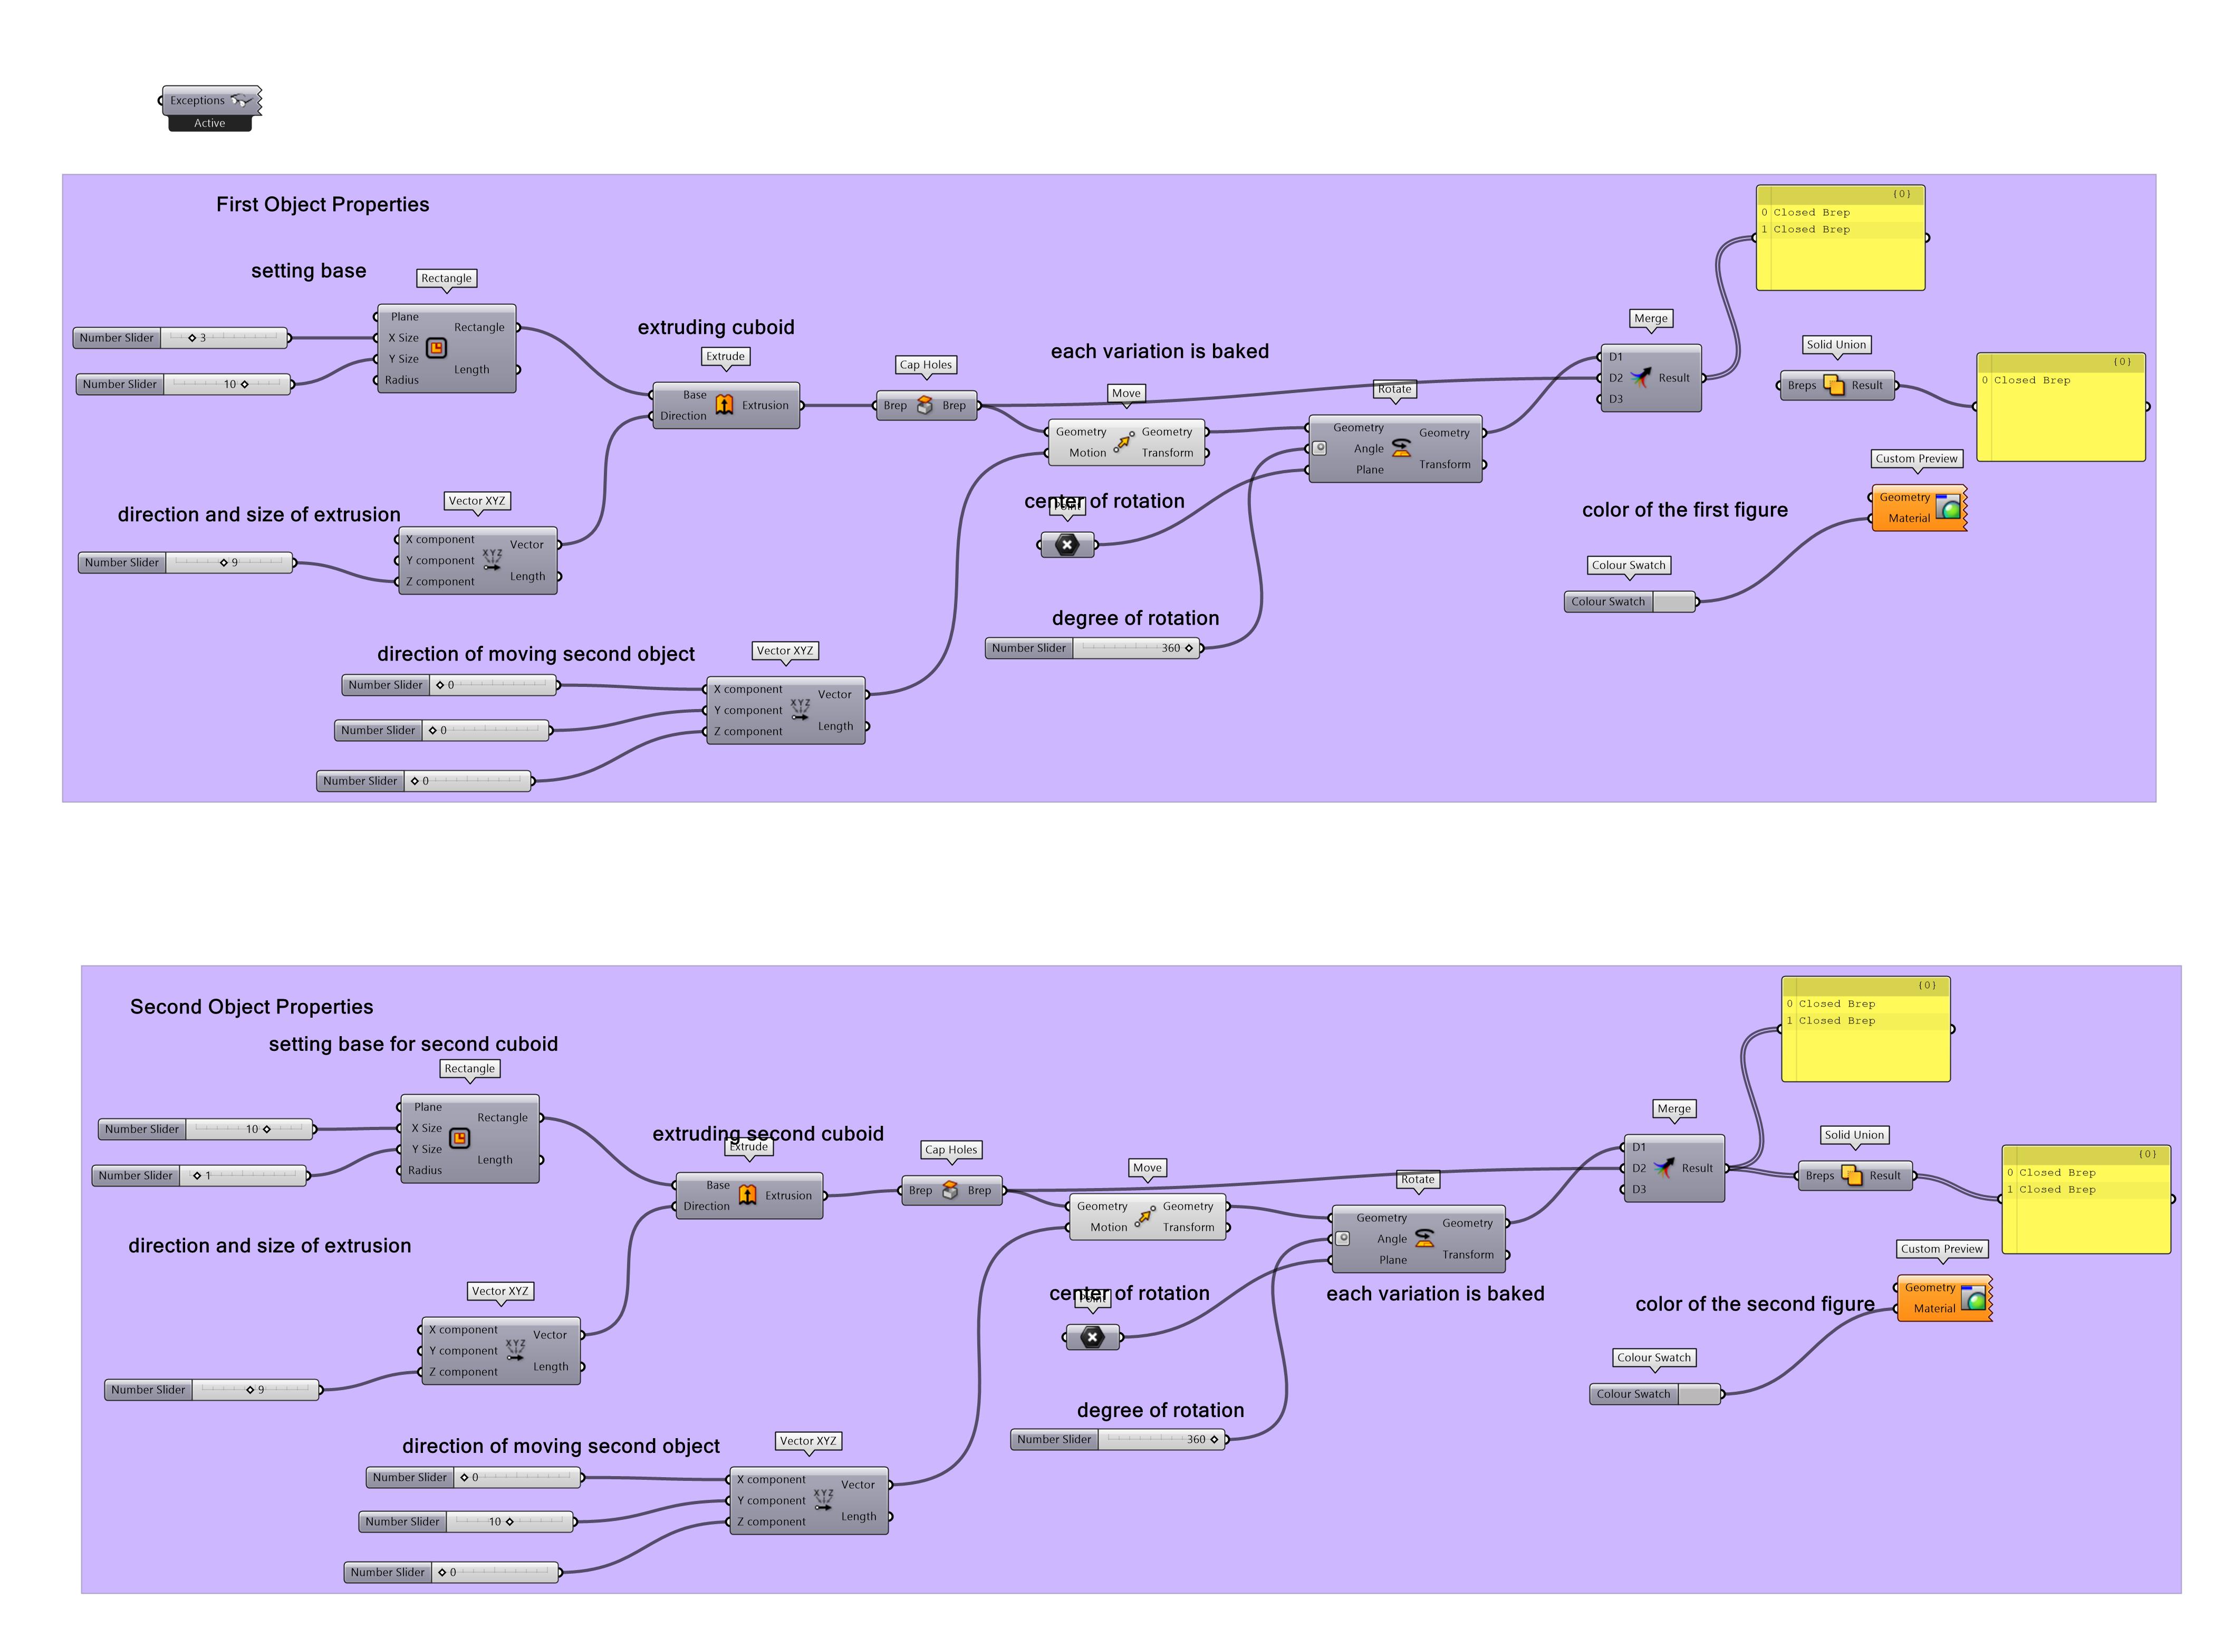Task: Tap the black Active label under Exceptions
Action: click(x=209, y=123)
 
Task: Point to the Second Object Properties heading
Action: click(x=251, y=1007)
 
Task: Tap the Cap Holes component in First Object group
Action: click(x=925, y=406)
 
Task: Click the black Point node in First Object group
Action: click(x=1067, y=545)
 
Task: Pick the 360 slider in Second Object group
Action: click(x=1118, y=1440)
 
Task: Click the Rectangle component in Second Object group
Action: click(x=469, y=1139)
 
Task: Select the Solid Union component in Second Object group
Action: click(x=1854, y=1176)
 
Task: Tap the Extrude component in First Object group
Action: click(x=725, y=406)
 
